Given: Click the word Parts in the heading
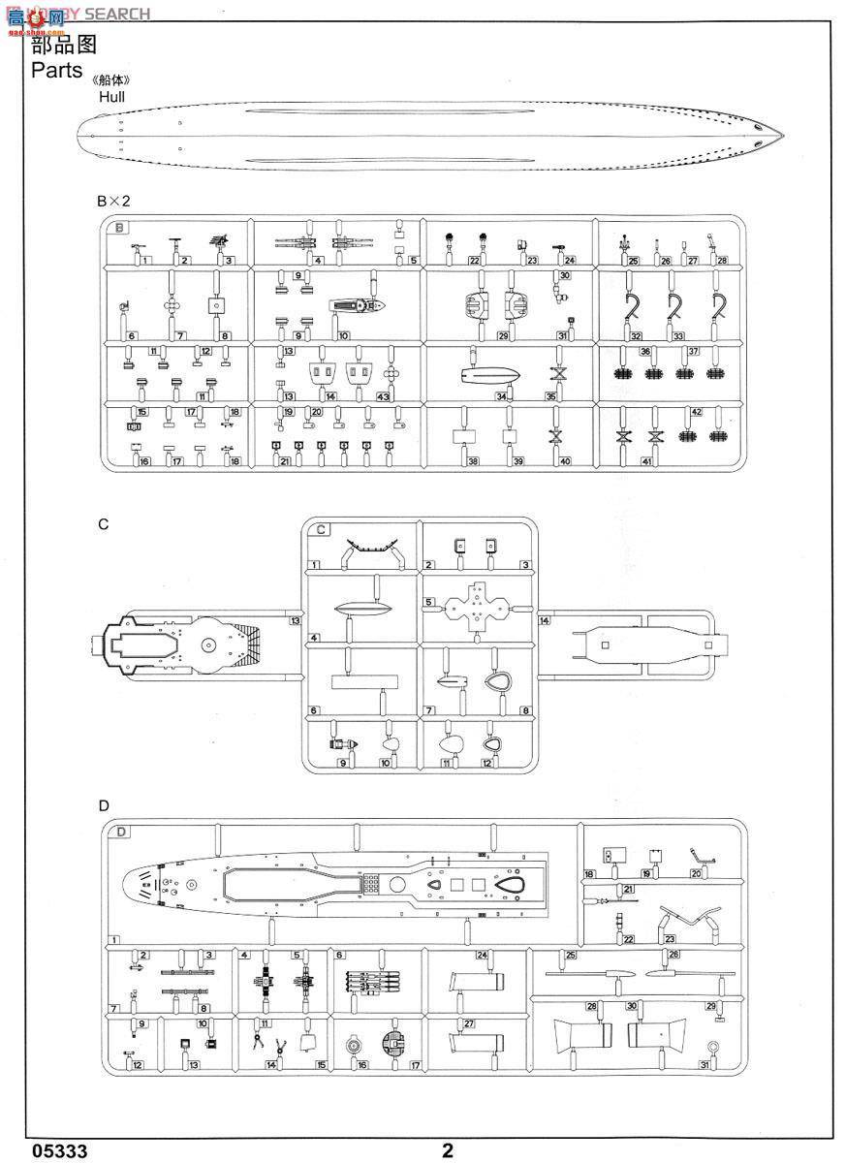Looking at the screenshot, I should [57, 70].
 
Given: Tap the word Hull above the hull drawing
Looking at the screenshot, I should [110, 96].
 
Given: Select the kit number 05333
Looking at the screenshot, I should [60, 1150].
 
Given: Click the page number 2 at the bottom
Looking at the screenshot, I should [447, 1150].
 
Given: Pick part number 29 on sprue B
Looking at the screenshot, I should [503, 335].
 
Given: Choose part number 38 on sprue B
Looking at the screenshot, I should [473, 461].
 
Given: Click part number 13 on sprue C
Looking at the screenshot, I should [296, 619].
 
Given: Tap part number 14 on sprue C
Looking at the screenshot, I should [545, 619].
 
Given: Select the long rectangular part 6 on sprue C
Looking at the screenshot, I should [364, 681].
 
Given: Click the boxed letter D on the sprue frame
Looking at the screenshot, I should [120, 831].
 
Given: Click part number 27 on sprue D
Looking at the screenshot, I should [468, 1023].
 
